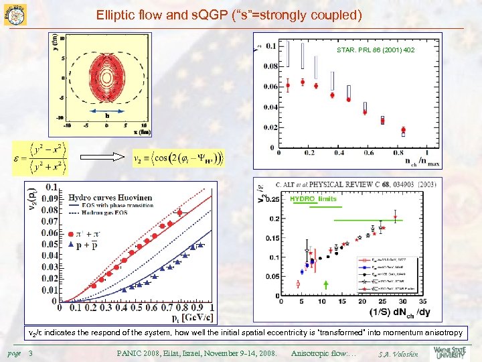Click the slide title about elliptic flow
[x=229, y=14]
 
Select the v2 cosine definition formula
[x=179, y=159]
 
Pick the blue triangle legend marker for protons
[x=71, y=246]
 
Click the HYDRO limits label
[x=313, y=199]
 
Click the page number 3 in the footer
[x=31, y=353]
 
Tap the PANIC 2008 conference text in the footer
[x=197, y=353]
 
